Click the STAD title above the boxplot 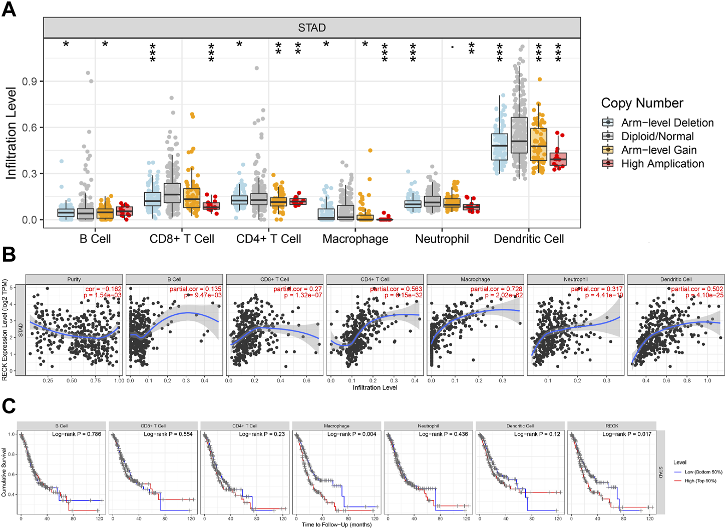pos(311,28)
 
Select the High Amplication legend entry pos(662,164)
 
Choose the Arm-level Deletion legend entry pos(667,123)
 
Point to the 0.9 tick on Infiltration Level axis pos(31,82)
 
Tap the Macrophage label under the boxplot pos(355,239)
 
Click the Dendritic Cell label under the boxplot pos(528,239)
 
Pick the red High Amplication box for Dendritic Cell pos(558,159)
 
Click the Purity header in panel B pos(74,279)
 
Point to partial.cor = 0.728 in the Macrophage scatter pos(496,289)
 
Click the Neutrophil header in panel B pos(575,279)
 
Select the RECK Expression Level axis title pos(5,330)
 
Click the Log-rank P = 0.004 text pos(351,434)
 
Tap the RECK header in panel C pos(611,426)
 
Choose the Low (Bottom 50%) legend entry pos(703,472)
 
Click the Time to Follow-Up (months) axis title pos(336,524)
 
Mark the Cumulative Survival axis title pos(4,472)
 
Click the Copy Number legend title pos(642,103)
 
